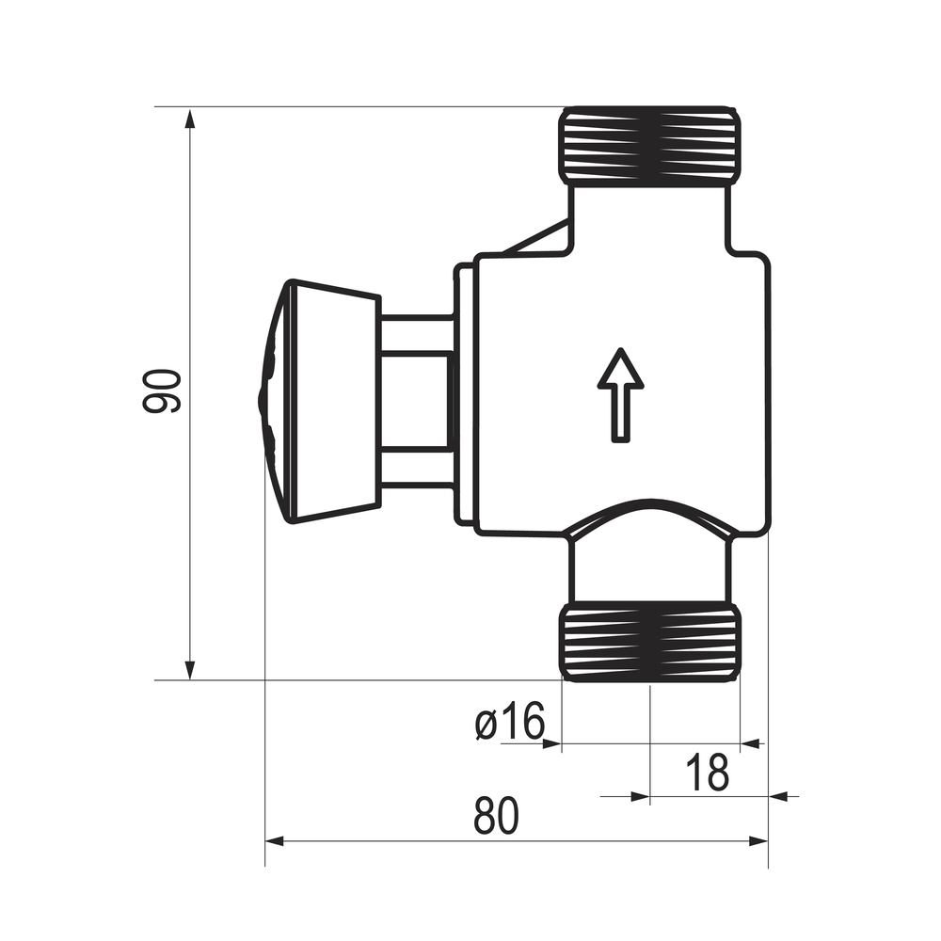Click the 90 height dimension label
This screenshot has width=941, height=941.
click(162, 391)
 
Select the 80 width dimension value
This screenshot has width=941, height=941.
click(496, 816)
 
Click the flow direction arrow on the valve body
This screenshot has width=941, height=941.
click(620, 395)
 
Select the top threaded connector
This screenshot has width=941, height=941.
click(650, 145)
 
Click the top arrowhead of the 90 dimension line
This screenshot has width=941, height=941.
click(190, 119)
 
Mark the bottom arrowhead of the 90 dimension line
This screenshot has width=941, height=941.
click(190, 669)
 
